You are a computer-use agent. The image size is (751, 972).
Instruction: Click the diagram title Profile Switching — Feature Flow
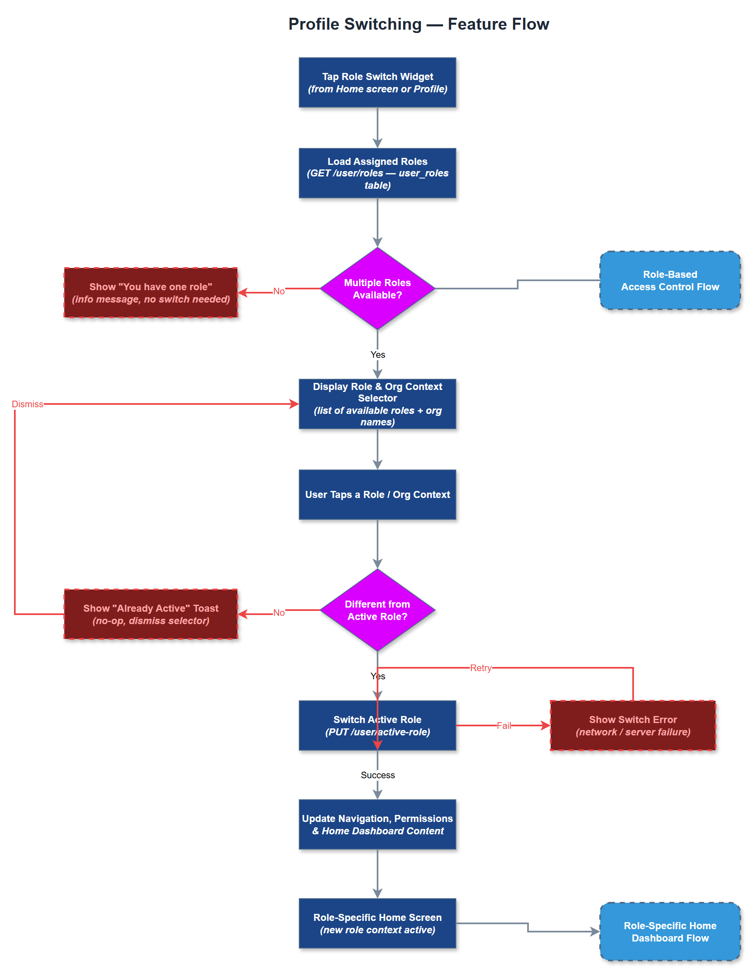point(418,24)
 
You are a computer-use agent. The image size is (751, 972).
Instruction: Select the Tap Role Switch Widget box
point(377,82)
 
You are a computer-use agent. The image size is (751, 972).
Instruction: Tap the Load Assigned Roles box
point(377,173)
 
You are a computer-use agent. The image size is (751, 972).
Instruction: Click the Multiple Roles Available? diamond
point(377,289)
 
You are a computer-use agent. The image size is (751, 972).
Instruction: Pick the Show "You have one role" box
point(150,292)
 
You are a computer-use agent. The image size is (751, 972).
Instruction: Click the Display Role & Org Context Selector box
point(377,404)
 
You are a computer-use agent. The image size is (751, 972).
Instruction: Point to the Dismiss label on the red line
point(28,404)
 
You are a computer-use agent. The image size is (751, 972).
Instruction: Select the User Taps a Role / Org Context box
point(377,495)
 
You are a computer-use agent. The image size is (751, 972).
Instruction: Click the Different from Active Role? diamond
point(377,610)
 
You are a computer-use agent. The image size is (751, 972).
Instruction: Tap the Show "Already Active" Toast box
point(150,614)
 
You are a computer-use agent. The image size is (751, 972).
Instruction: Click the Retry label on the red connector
point(481,668)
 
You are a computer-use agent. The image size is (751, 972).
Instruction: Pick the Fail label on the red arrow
point(504,725)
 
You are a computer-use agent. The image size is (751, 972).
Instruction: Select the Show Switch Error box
point(633,725)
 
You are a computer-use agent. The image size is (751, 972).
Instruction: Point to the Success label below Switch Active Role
point(377,775)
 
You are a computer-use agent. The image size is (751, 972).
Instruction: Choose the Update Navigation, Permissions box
point(377,824)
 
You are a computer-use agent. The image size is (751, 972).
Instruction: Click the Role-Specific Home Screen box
point(377,923)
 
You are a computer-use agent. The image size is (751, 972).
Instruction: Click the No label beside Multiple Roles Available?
point(279,291)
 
